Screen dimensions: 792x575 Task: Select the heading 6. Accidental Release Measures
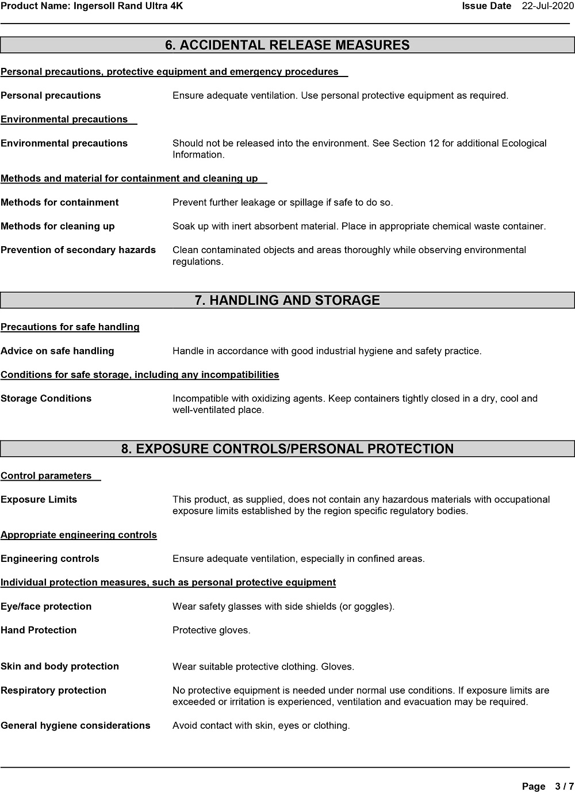[287, 45]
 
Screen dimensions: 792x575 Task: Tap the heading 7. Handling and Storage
[287, 300]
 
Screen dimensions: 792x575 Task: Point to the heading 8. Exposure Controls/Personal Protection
[287, 449]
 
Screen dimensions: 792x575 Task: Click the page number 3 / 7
[564, 786]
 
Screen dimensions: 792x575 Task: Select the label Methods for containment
[60, 202]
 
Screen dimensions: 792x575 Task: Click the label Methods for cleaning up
[57, 226]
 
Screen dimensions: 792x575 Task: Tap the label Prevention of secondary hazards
[78, 250]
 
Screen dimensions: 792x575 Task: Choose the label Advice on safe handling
[57, 351]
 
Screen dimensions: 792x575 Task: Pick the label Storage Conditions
[46, 399]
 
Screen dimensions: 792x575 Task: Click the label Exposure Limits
[39, 499]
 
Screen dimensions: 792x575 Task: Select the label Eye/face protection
[46, 606]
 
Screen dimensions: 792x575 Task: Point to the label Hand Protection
[39, 630]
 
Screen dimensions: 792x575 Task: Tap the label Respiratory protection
[53, 690]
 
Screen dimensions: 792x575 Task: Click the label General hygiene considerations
[75, 725]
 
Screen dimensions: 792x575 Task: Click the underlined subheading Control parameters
[46, 476]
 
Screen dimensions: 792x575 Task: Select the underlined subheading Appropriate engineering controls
[79, 535]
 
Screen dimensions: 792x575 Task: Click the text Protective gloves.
[212, 630]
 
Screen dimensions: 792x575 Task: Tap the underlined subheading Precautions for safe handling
[70, 327]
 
